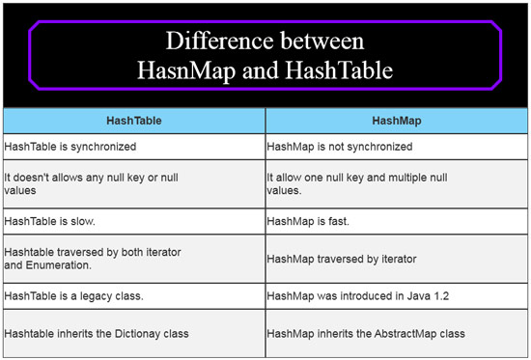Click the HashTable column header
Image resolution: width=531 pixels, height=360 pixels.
coord(134,121)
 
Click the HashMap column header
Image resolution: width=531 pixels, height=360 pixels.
coord(397,121)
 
